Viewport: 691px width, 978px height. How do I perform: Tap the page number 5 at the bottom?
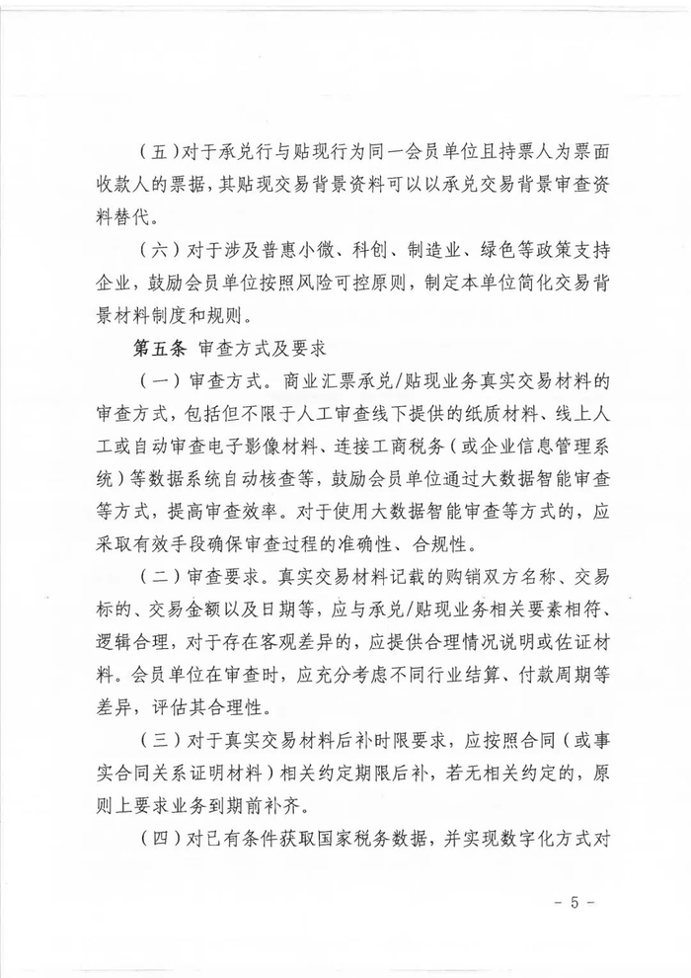coord(577,901)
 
